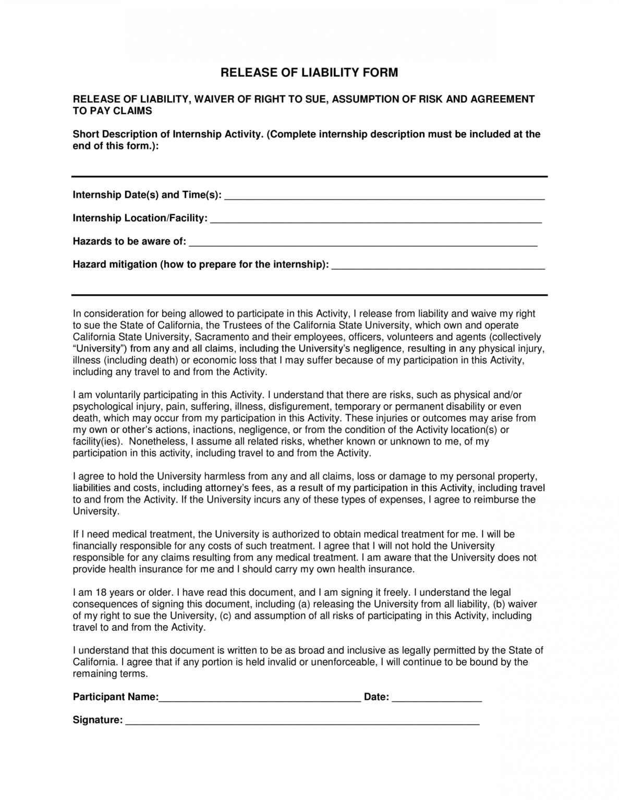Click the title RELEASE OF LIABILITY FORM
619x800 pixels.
(x=309, y=73)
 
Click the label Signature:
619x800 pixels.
(x=98, y=720)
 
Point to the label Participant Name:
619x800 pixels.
(x=115, y=697)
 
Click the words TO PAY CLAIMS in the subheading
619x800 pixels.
(x=112, y=111)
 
